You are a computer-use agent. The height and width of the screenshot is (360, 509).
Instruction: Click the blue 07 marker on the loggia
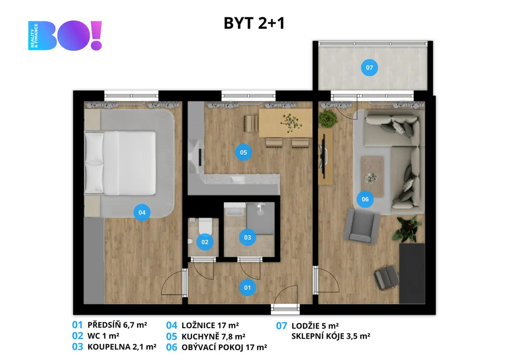369,68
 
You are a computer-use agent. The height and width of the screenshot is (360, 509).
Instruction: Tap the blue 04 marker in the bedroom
142,213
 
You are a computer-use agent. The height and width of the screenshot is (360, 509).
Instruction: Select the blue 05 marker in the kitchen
244,152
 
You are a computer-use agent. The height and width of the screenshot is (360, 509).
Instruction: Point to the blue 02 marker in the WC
205,242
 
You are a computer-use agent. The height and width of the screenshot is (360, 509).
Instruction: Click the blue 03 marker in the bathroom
248,237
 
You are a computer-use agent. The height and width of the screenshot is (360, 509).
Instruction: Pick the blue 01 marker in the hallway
248,287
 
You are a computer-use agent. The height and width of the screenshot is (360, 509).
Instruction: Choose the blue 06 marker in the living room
365,199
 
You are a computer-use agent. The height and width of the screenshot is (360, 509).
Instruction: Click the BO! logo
65,35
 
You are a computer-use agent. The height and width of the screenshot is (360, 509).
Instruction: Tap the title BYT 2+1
254,23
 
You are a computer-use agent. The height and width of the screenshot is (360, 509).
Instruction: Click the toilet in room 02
205,226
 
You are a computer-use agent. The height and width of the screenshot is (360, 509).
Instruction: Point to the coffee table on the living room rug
372,177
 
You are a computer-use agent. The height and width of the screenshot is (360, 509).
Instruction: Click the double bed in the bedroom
120,163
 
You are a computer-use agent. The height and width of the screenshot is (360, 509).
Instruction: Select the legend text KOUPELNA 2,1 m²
122,347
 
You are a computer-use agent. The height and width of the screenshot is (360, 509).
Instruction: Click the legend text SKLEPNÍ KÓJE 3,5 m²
331,336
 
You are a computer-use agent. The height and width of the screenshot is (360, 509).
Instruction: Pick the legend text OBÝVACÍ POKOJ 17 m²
224,348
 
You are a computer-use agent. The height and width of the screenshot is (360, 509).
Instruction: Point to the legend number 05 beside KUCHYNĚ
171,337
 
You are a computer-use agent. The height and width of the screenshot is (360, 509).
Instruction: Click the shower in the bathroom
260,218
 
